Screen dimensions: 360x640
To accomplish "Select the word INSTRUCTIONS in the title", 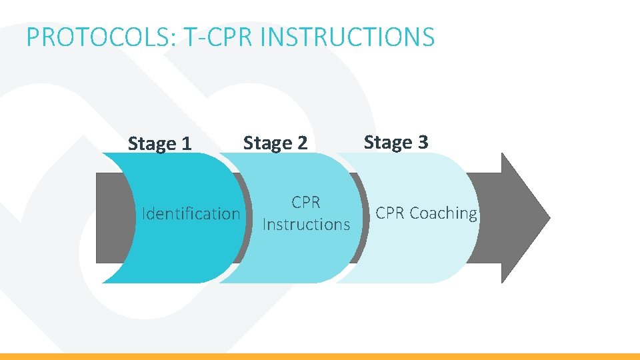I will point(347,37).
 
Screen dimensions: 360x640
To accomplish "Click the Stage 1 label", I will point(159,144).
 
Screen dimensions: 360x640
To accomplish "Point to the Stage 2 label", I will point(275,143).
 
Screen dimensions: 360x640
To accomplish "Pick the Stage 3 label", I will point(396,142).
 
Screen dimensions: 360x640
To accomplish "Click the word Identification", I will point(191,214).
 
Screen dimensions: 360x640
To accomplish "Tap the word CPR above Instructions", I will point(306,202).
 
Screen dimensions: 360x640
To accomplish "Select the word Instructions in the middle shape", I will point(306,225).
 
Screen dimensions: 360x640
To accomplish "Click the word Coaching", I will point(443,213).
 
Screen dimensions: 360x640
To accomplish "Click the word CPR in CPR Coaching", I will point(391,213).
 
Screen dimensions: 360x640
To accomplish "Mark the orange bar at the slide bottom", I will point(320,356).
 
